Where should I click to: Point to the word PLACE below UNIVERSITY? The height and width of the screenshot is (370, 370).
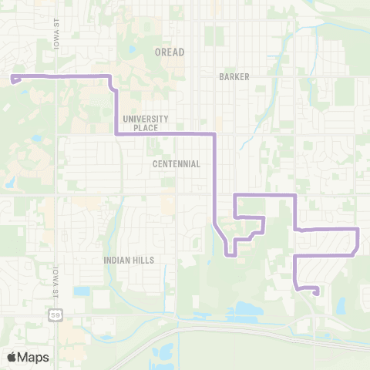click(144, 128)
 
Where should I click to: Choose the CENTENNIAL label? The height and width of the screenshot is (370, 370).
click(177, 164)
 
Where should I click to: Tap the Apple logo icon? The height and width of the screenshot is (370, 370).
click(12, 357)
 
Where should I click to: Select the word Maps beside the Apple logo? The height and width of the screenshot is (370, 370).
click(34, 357)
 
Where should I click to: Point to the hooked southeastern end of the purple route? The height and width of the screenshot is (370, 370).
click(317, 291)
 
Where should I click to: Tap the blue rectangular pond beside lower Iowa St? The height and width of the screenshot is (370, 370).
click(82, 291)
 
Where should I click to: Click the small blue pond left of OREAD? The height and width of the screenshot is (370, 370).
click(133, 51)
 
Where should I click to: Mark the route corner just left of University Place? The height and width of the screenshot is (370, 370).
click(116, 133)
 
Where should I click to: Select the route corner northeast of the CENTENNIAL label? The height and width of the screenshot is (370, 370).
click(214, 133)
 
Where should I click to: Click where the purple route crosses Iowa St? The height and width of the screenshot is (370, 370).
click(55, 76)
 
